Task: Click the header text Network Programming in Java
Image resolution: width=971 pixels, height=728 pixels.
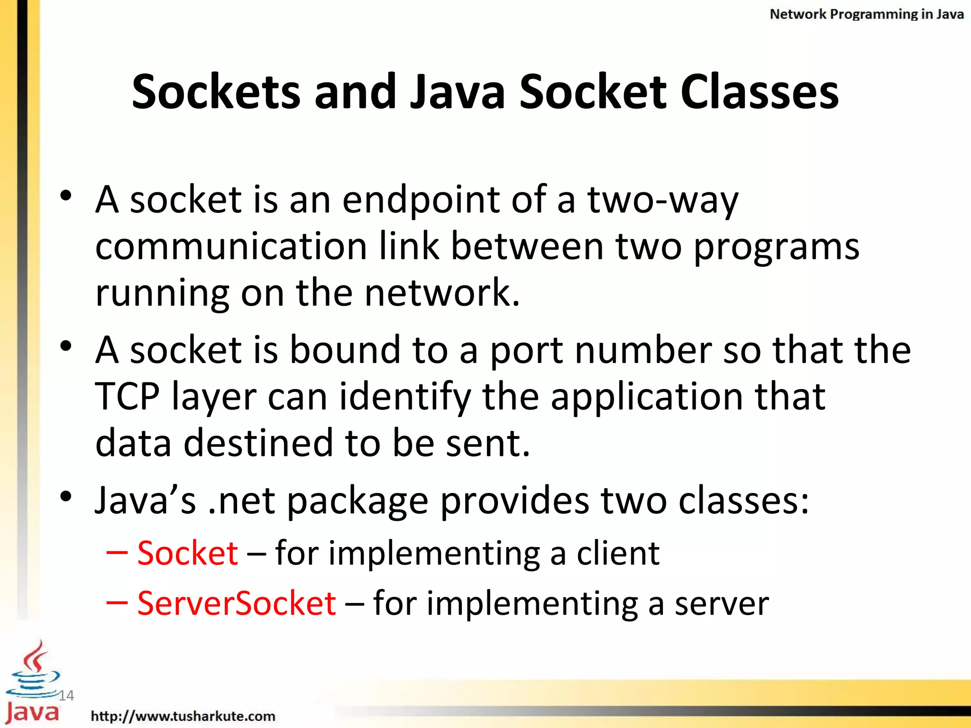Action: click(x=866, y=14)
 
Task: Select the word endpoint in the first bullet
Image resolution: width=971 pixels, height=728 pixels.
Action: click(x=421, y=200)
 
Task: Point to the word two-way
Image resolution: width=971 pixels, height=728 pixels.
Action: click(x=662, y=200)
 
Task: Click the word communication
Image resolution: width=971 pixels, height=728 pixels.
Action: click(x=231, y=246)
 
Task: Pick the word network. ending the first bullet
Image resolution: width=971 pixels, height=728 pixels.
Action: click(x=442, y=292)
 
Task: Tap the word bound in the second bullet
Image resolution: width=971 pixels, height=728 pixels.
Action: click(x=345, y=350)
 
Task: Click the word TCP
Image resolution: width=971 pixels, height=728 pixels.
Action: click(x=128, y=396)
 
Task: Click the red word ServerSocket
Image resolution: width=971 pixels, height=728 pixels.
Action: click(x=237, y=603)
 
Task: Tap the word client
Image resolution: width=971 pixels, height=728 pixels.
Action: click(x=618, y=553)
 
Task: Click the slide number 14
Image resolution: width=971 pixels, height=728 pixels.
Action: click(x=66, y=695)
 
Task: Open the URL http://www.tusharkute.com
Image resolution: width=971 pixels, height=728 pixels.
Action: click(x=183, y=716)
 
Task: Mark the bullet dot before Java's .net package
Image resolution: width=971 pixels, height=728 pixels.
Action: click(x=66, y=496)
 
